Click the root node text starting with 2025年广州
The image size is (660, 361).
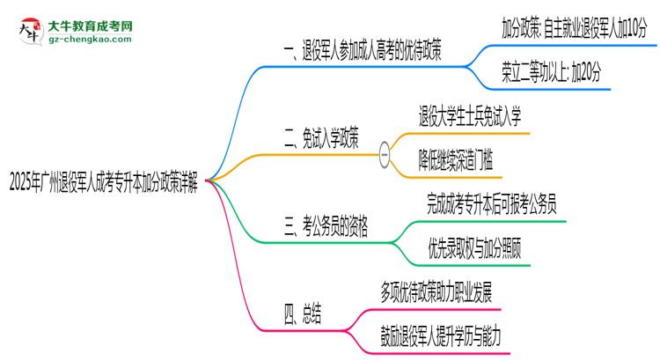[x=104, y=184]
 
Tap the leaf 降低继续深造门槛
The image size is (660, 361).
[x=456, y=159]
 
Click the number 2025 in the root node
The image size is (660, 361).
[x=22, y=184]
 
